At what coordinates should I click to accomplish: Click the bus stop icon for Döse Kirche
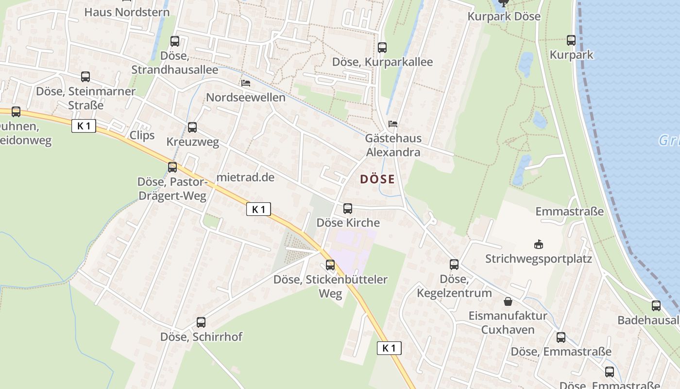point(348,209)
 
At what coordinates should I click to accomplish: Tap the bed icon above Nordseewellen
point(246,83)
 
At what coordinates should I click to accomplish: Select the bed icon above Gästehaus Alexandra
point(393,124)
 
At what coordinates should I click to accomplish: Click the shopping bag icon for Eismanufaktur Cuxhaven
point(508,301)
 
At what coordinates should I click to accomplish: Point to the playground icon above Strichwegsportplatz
point(538,244)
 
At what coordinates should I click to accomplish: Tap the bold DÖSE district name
point(377,179)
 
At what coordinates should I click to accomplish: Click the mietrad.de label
point(245,177)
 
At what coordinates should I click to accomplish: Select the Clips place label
point(142,135)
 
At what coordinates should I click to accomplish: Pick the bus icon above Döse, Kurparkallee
point(382,47)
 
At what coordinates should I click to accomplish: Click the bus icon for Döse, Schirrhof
point(201,322)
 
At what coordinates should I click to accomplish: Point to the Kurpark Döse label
point(504,17)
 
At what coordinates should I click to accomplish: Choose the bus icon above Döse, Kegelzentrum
point(454,265)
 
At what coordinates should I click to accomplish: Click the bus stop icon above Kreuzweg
point(192,127)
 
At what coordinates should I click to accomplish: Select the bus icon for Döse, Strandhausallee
point(175,41)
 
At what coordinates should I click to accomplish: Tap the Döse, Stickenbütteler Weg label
point(330,286)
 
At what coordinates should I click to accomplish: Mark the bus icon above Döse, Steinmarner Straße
point(85,77)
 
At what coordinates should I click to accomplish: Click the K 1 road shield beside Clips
point(84,126)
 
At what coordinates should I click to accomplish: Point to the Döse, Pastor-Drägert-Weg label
point(172,189)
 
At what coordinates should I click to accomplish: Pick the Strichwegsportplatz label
point(539,259)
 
